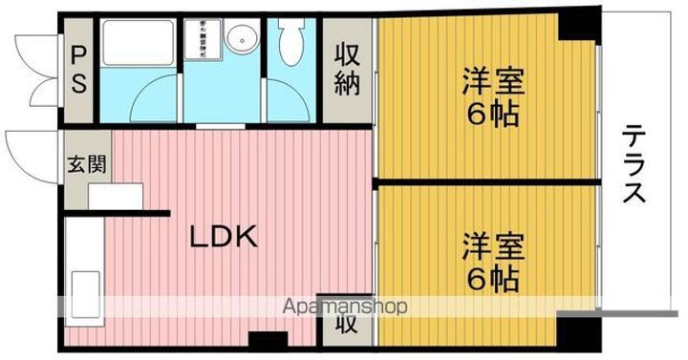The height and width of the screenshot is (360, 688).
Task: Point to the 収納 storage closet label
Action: point(346,70)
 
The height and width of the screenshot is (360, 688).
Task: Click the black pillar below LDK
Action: point(269,338)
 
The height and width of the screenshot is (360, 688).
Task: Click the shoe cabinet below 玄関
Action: point(115,194)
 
